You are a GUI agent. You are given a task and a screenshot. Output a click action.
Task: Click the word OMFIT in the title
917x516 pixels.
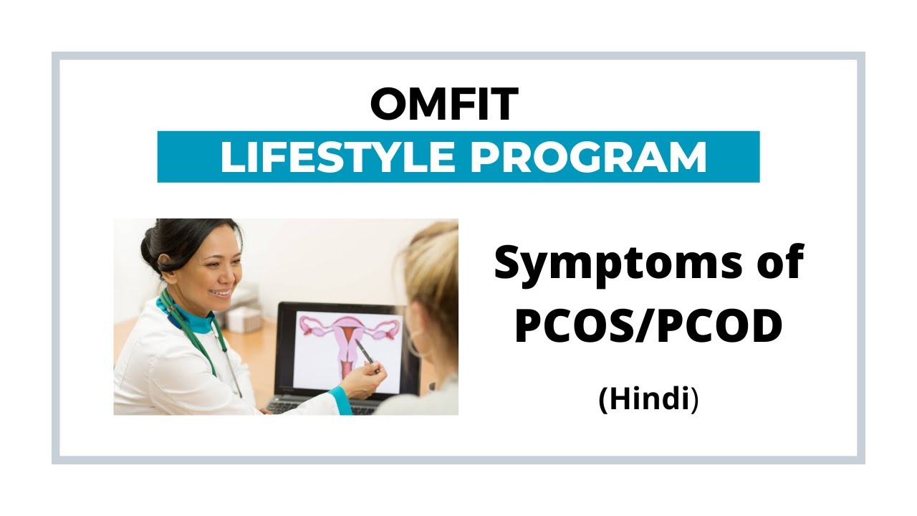click(444, 105)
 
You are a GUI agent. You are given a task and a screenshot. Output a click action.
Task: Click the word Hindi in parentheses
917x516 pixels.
click(648, 399)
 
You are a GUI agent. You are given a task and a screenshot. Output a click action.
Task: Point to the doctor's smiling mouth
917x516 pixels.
click(221, 292)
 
